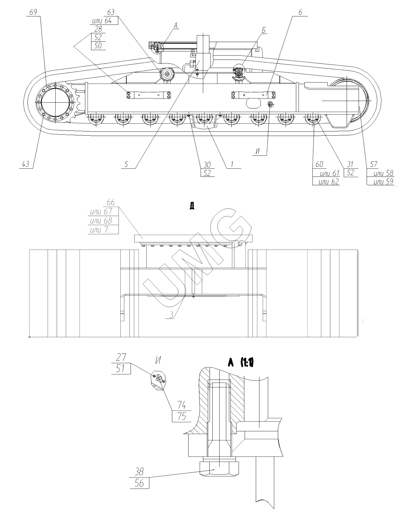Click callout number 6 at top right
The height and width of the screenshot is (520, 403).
[x=300, y=13]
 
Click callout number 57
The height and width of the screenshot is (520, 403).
[x=374, y=164]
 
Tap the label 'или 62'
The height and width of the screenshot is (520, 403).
[x=329, y=182]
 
